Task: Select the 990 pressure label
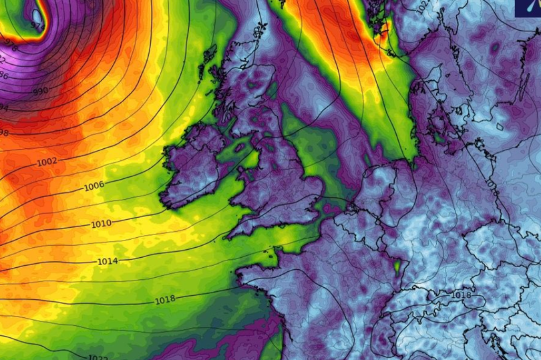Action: [x=40, y=90]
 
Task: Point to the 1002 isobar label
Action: [x=47, y=162]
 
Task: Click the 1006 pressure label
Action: [x=94, y=186]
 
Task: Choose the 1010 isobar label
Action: [x=102, y=223]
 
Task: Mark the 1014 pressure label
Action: [x=108, y=261]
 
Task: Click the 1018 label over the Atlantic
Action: [x=165, y=299]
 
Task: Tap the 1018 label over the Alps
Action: [x=462, y=295]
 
